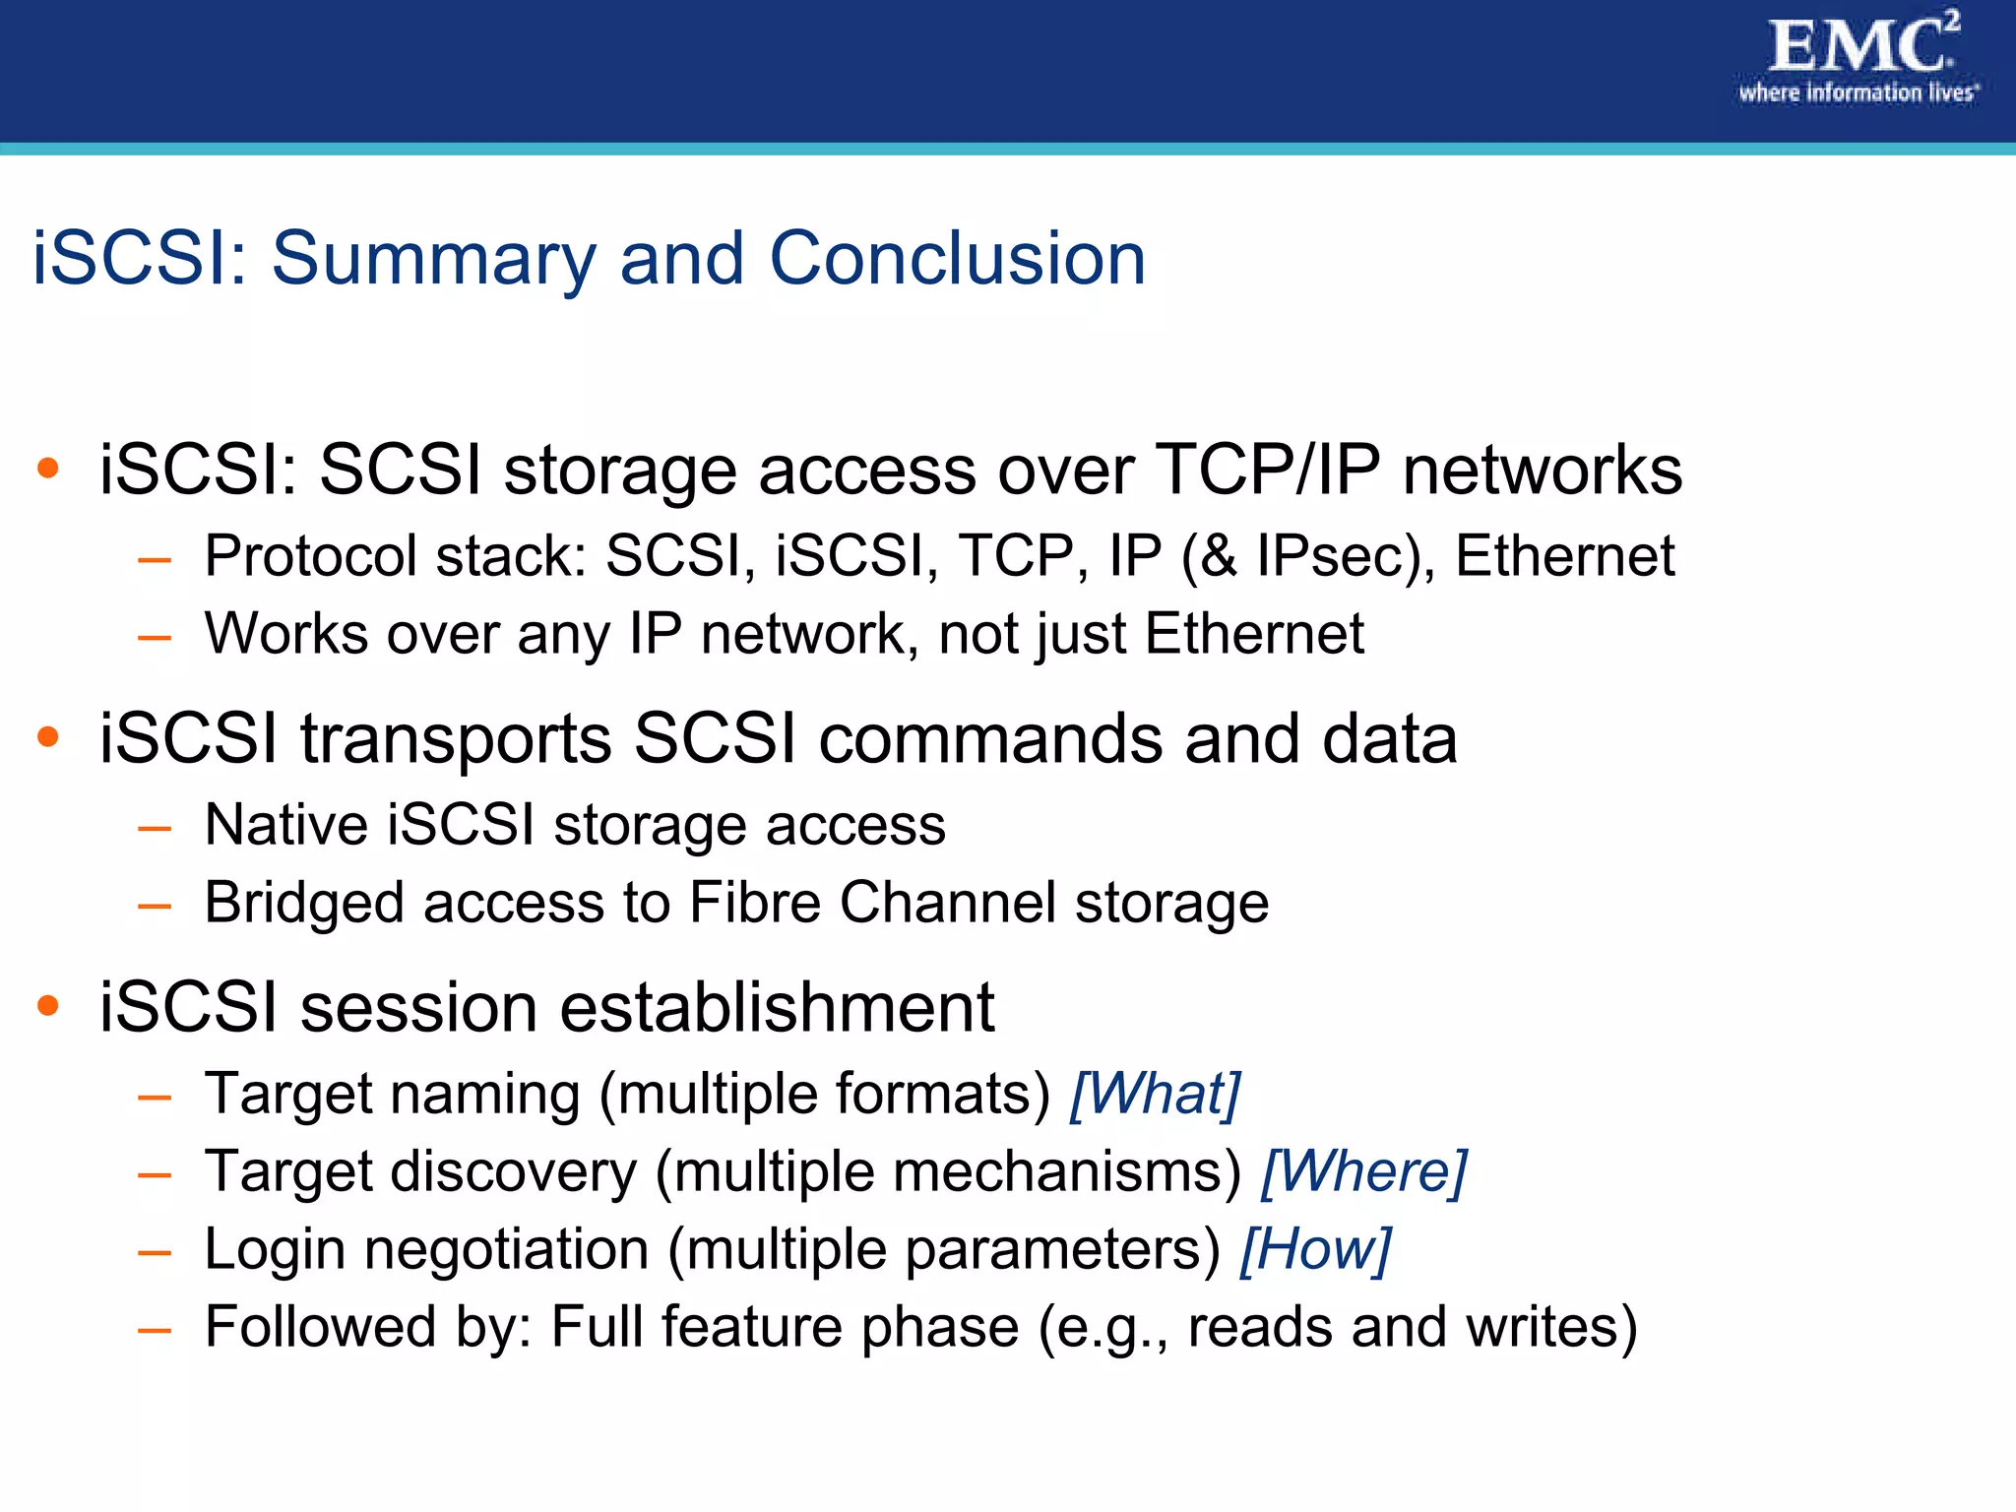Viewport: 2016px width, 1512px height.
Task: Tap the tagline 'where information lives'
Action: tap(1857, 94)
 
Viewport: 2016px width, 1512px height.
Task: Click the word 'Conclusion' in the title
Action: tap(957, 259)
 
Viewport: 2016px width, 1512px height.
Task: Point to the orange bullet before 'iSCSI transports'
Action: tap(47, 736)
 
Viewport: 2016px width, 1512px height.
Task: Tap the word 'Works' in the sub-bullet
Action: tap(285, 633)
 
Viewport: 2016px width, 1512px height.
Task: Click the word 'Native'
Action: tap(285, 824)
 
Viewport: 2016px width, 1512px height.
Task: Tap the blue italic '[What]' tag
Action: tap(1155, 1094)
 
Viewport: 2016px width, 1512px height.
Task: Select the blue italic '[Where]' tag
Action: tap(1363, 1171)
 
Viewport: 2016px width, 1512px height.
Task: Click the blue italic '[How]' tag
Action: tap(1315, 1249)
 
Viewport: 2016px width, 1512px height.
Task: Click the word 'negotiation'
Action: tap(506, 1250)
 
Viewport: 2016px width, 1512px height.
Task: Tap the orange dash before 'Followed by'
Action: tap(155, 1330)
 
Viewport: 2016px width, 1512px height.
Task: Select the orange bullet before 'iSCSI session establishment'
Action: tap(47, 1005)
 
